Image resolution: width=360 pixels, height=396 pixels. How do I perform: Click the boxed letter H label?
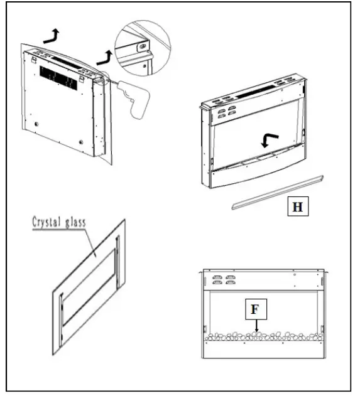(297, 206)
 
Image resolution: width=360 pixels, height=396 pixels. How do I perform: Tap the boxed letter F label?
(253, 310)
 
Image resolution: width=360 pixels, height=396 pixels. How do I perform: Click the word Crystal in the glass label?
(47, 221)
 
